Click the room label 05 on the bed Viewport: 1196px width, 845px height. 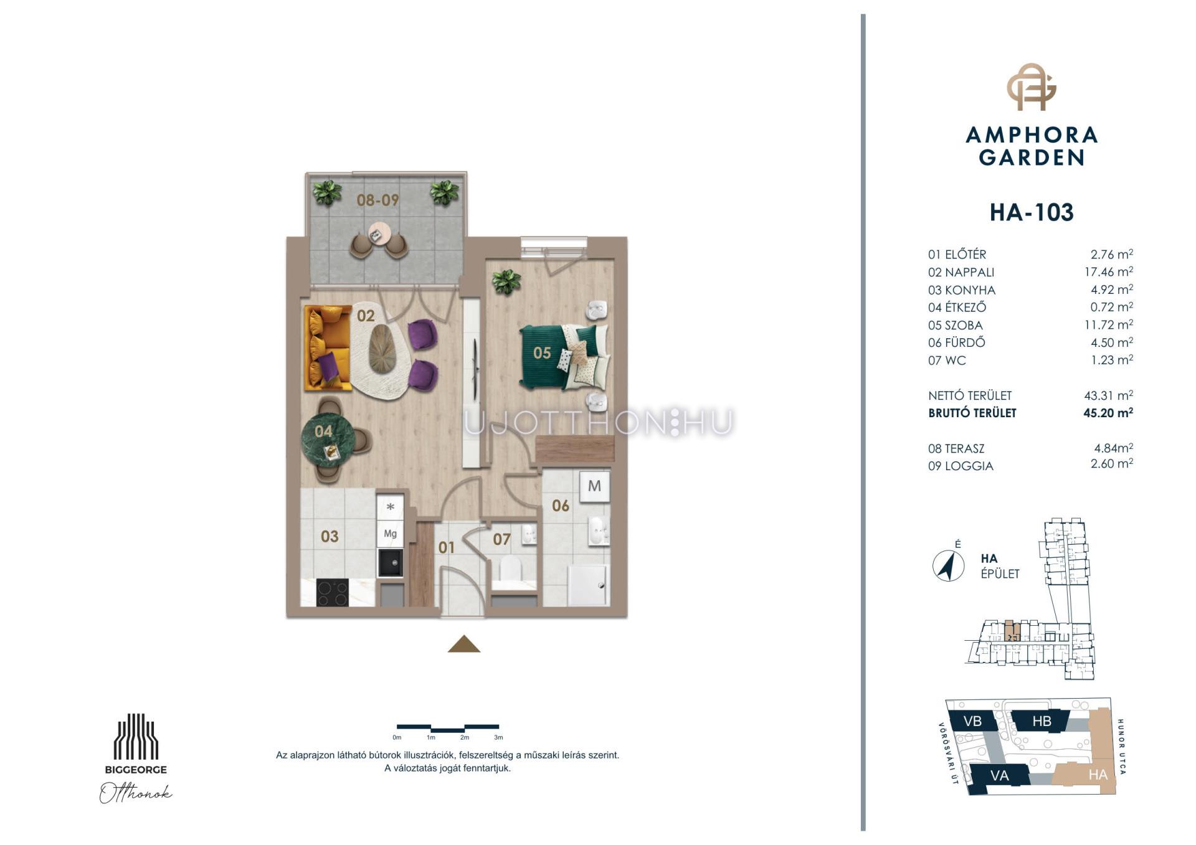click(542, 353)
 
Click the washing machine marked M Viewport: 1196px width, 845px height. click(594, 486)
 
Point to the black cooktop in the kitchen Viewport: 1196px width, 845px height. click(333, 592)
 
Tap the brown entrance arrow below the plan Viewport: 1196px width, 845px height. click(464, 644)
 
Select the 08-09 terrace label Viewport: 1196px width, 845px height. click(377, 200)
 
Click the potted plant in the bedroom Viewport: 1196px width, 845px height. click(506, 282)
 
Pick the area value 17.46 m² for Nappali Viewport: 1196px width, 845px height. click(1108, 271)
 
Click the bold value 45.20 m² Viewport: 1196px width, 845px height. click(1108, 412)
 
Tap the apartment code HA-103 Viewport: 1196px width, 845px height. click(1032, 212)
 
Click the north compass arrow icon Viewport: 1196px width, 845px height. click(948, 566)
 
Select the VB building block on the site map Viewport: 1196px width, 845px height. click(972, 720)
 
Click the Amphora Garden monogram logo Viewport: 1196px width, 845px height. click(1031, 87)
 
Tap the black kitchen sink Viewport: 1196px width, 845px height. click(391, 563)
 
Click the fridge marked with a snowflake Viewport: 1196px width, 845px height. click(391, 507)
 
